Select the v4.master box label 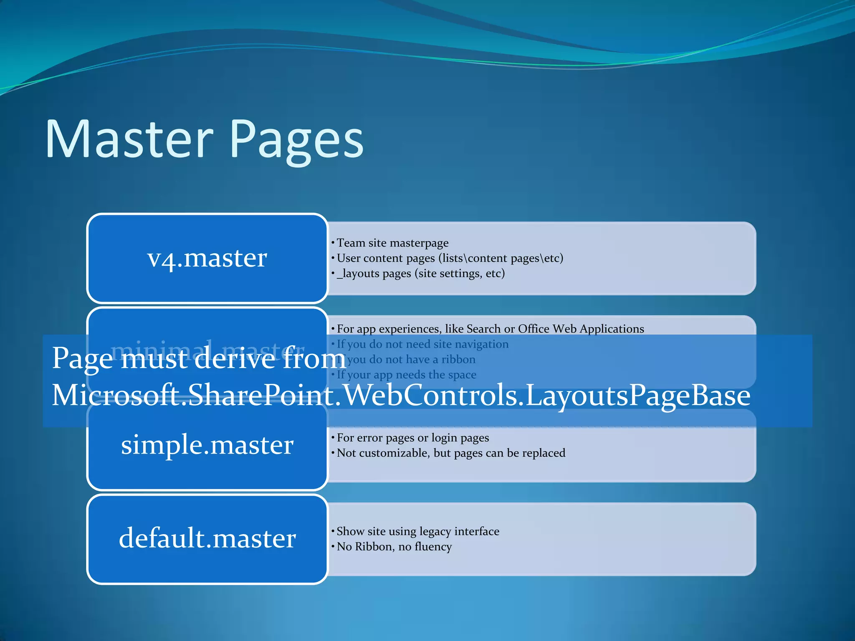tap(207, 258)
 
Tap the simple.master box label tap(207, 445)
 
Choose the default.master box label tap(207, 538)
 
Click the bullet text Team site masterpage tap(392, 243)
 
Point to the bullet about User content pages tap(450, 258)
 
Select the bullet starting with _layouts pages tap(420, 274)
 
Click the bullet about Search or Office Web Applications tap(490, 329)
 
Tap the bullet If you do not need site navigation tap(422, 344)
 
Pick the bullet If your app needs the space tap(406, 375)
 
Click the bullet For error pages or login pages tap(412, 438)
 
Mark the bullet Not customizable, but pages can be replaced tap(451, 453)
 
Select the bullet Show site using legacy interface tap(417, 531)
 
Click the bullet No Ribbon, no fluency tap(394, 547)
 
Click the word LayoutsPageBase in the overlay tap(638, 396)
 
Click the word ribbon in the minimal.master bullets tap(458, 360)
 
